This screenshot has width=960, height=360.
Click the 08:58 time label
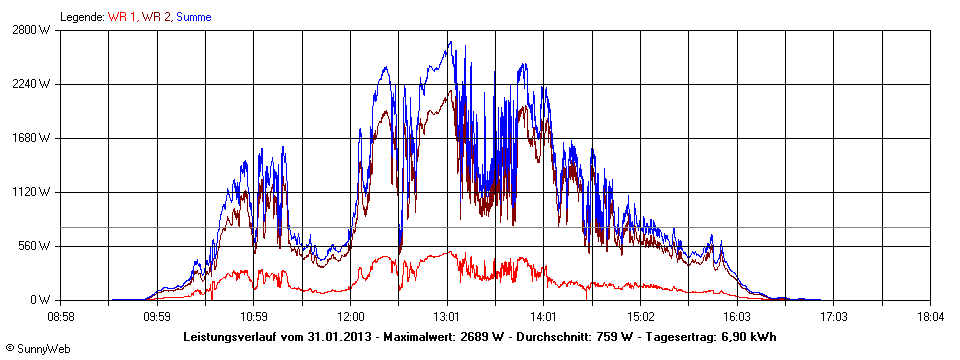61,317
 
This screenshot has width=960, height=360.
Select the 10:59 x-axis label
254,317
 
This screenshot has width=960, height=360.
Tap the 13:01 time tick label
447,317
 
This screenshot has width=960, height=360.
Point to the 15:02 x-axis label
641,317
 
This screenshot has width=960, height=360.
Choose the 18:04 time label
930,317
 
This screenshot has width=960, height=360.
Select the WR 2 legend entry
156,17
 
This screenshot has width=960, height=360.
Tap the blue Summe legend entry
194,17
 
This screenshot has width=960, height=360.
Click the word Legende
80,17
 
